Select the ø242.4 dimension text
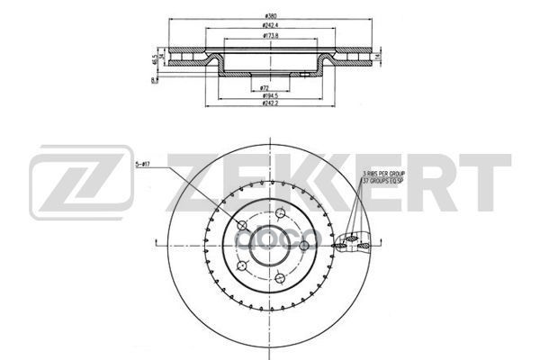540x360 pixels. (x=269, y=26)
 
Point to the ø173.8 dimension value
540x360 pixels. (x=269, y=37)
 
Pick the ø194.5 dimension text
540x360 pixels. (x=268, y=95)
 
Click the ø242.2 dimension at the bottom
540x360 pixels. (x=268, y=104)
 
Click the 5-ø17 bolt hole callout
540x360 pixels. (x=145, y=166)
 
